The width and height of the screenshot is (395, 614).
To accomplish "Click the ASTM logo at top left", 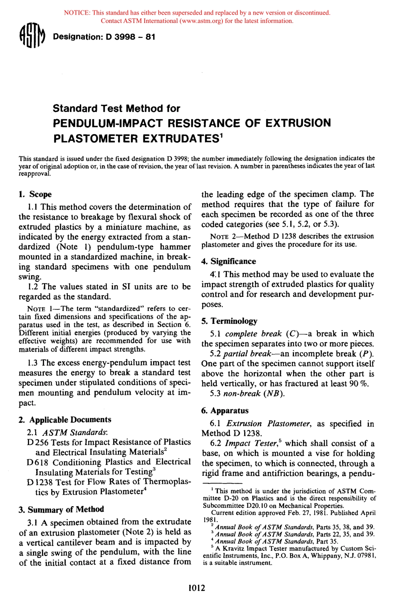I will click(x=32, y=37).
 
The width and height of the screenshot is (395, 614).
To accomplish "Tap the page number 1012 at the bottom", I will click(x=197, y=588).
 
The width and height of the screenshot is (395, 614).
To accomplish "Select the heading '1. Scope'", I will click(x=35, y=194).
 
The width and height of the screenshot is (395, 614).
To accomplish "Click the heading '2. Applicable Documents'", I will click(x=65, y=420).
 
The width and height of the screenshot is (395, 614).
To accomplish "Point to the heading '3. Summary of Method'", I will click(x=61, y=510).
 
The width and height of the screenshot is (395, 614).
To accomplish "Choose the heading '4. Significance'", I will click(x=229, y=261).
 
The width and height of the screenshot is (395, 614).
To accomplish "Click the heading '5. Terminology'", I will click(x=230, y=321).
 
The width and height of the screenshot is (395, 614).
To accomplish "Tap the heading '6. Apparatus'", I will click(x=225, y=411).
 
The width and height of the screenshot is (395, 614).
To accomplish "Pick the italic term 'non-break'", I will click(x=242, y=393).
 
